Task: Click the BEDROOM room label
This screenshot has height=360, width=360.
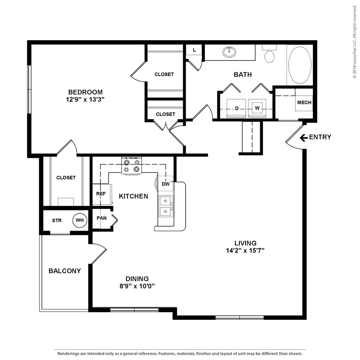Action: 85,92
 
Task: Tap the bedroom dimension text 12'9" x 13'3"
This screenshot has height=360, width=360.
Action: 85,99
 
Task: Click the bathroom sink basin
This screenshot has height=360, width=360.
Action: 229,52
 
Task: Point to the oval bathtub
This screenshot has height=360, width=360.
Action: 300,65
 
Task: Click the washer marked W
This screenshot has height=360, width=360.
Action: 257,108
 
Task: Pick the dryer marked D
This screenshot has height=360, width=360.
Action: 236,108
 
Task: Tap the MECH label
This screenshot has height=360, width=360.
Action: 304,102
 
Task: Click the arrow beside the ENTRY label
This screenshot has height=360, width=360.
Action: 304,137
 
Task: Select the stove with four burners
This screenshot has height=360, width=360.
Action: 131,166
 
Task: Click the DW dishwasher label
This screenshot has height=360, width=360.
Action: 166,184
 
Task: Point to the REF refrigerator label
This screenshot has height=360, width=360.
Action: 101,194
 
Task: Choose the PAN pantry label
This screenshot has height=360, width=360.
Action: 102,218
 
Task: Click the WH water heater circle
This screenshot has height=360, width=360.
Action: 80,220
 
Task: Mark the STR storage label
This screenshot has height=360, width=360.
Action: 57,220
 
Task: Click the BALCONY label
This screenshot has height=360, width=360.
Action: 65,271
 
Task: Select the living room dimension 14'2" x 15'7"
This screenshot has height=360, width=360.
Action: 245,250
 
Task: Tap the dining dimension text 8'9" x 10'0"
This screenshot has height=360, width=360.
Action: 137,286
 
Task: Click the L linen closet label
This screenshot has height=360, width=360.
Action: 194,50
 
